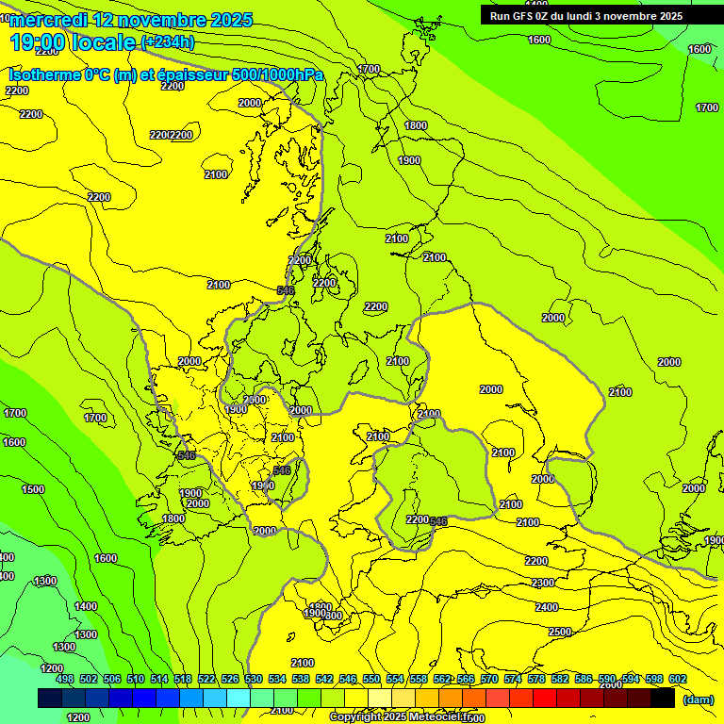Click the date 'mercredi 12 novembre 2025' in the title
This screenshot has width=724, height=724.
(x=132, y=20)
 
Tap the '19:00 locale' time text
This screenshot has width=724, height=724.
(x=74, y=42)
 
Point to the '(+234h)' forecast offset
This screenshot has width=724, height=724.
(x=168, y=41)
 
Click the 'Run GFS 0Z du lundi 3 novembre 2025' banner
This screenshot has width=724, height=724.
(x=586, y=16)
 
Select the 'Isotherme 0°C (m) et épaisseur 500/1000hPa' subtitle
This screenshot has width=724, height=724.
(x=166, y=74)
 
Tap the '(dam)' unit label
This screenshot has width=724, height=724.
(x=698, y=699)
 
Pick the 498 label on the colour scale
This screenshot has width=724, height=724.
(x=65, y=679)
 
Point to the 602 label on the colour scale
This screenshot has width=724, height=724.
(x=678, y=679)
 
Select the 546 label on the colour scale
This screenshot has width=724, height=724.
(x=348, y=679)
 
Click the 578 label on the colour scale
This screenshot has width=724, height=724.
(x=536, y=679)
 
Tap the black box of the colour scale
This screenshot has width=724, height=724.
(x=663, y=698)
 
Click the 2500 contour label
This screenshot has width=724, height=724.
(x=560, y=632)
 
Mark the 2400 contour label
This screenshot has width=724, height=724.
(x=547, y=607)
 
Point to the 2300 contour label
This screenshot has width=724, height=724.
(x=541, y=584)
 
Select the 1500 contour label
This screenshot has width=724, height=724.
(x=33, y=489)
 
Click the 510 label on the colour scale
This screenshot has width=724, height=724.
(x=136, y=679)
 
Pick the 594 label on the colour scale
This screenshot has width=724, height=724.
(x=631, y=679)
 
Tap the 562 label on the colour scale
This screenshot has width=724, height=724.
(x=442, y=679)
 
